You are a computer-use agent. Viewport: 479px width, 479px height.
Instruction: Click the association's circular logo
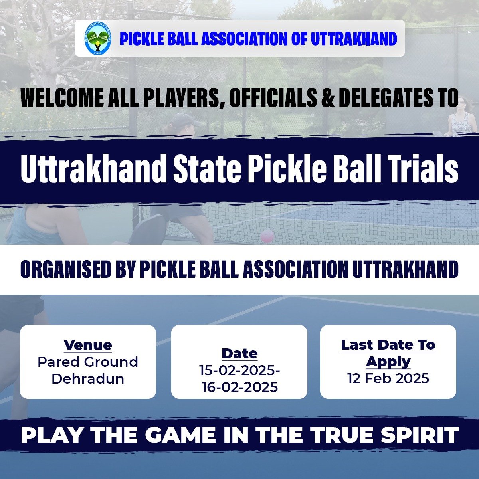pyautogui.click(x=98, y=38)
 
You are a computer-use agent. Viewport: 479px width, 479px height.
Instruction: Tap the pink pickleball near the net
pyautogui.click(x=267, y=236)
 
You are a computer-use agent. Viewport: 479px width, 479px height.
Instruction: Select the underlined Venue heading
pyautogui.click(x=88, y=345)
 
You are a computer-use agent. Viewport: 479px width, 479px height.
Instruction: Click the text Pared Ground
pyautogui.click(x=88, y=362)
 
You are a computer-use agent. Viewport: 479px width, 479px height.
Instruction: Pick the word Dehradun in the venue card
pyautogui.click(x=88, y=379)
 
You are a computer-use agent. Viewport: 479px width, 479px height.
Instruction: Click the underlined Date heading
pyautogui.click(x=239, y=354)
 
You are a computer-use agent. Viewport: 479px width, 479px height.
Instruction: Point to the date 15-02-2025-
pyautogui.click(x=239, y=370)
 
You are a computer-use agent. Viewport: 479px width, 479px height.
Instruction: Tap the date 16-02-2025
pyautogui.click(x=239, y=387)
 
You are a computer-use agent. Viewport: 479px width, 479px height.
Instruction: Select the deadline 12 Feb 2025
pyautogui.click(x=388, y=378)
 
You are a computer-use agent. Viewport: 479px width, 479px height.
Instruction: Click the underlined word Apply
pyautogui.click(x=388, y=362)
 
